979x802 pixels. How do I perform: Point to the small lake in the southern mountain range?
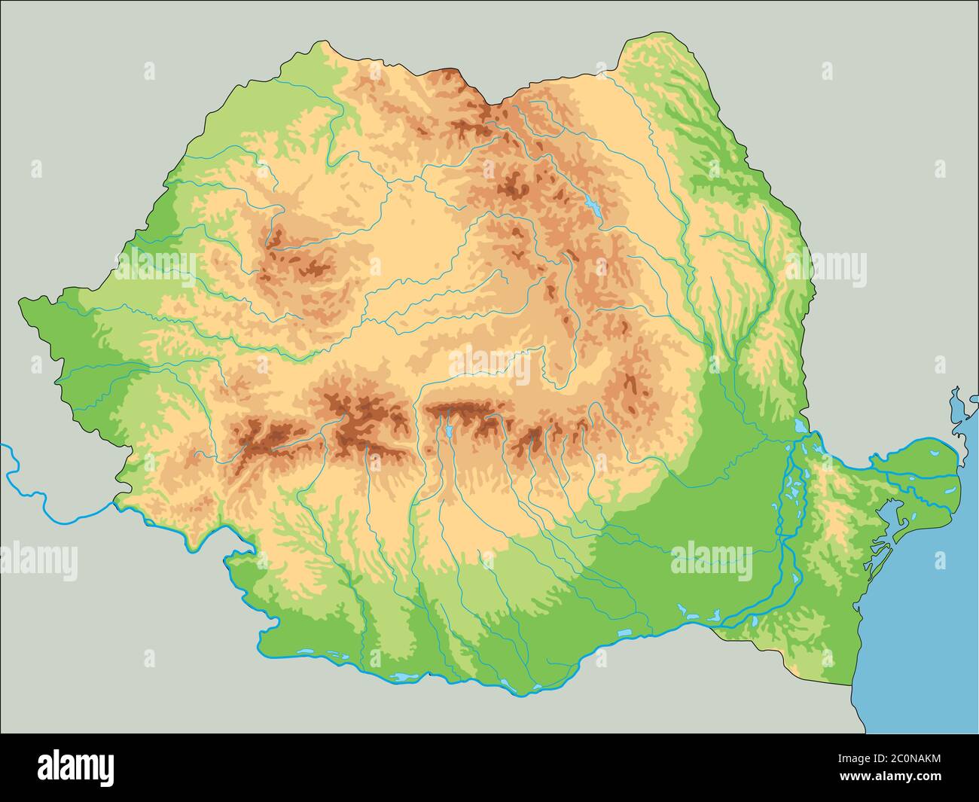coord(449,431)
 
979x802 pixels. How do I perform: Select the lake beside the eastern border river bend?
coord(799,427)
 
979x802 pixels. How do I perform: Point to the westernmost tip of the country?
coord(20,303)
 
